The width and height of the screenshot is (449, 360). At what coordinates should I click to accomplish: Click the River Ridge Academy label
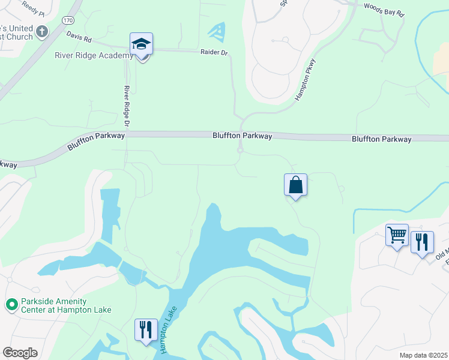coord(93,56)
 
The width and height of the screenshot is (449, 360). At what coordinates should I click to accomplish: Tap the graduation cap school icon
coord(141,44)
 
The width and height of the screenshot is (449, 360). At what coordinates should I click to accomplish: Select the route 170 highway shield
coord(68,20)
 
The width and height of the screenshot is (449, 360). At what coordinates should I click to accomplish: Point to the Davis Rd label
coord(79,38)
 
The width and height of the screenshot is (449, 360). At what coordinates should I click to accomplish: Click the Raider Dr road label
coord(214,53)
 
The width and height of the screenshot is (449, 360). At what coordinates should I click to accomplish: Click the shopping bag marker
coord(295,184)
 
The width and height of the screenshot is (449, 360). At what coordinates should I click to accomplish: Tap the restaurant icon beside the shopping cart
coord(422,242)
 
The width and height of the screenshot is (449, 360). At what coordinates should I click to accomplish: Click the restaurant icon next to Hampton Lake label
coord(146,329)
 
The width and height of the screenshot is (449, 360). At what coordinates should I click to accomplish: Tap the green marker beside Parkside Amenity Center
coord(11,305)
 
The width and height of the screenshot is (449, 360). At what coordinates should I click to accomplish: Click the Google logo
coord(20,352)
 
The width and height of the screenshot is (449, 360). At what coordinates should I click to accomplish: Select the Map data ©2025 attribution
coord(423,355)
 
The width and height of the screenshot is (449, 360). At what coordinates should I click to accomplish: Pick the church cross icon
coord(41,31)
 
